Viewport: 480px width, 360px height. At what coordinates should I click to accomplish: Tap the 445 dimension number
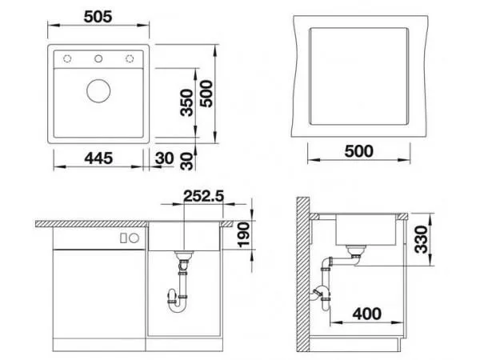click(x=98, y=158)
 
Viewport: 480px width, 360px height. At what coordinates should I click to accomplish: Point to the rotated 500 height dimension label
click(x=206, y=95)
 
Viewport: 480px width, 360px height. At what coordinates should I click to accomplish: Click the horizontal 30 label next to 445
click(x=166, y=158)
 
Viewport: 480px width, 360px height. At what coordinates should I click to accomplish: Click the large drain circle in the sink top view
click(x=98, y=90)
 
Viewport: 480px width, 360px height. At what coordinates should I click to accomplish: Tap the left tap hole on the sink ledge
click(x=67, y=58)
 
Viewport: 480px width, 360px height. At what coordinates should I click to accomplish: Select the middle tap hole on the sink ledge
click(x=98, y=58)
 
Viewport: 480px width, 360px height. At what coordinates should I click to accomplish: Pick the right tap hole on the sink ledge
click(x=129, y=58)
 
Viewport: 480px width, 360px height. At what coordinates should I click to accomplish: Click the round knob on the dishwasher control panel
click(x=134, y=238)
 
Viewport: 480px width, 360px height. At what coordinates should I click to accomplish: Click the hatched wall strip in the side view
click(x=301, y=272)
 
